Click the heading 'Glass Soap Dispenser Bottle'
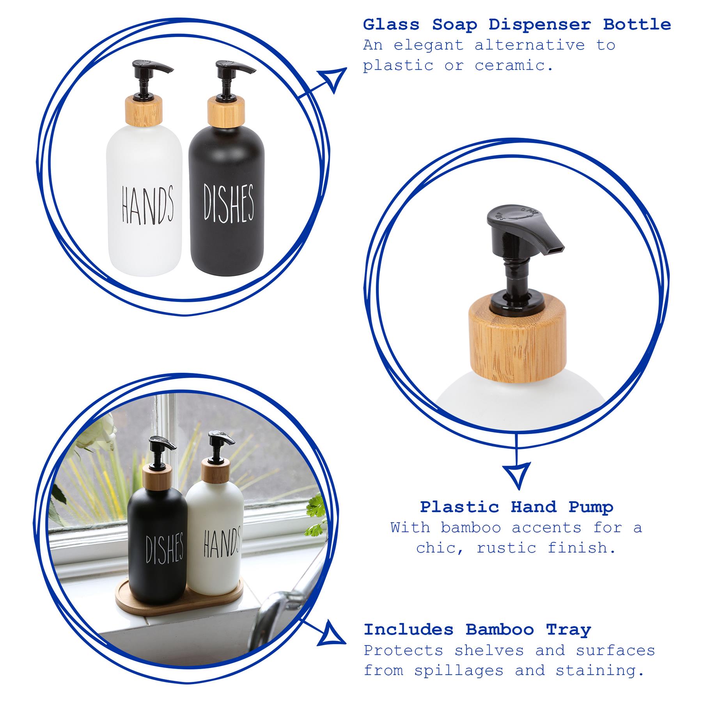[516, 25]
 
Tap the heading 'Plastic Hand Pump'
[516, 507]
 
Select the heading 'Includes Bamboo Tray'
[477, 629]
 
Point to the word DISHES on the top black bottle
[229, 202]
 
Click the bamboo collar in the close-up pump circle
[517, 338]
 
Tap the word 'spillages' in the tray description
[459, 670]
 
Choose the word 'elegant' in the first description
[429, 45]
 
